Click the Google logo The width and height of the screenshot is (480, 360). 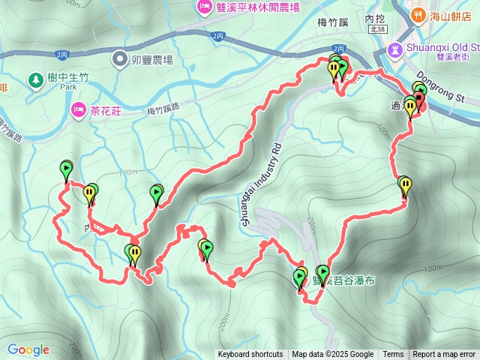pyautogui.click(x=28, y=349)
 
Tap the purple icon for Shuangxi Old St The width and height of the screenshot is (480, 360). pyautogui.click(x=394, y=49)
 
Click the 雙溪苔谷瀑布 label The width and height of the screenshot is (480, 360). pyautogui.click(x=344, y=281)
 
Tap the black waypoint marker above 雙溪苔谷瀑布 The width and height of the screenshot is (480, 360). pyautogui.click(x=323, y=271)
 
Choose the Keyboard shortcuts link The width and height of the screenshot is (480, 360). pyautogui.click(x=250, y=355)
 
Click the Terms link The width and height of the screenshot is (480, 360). pyautogui.click(x=393, y=355)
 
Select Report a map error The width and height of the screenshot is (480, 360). pyautogui.click(x=445, y=355)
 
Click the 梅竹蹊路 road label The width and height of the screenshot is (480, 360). pyautogui.click(x=163, y=109)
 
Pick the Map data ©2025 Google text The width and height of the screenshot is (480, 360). pyautogui.click(x=332, y=355)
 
